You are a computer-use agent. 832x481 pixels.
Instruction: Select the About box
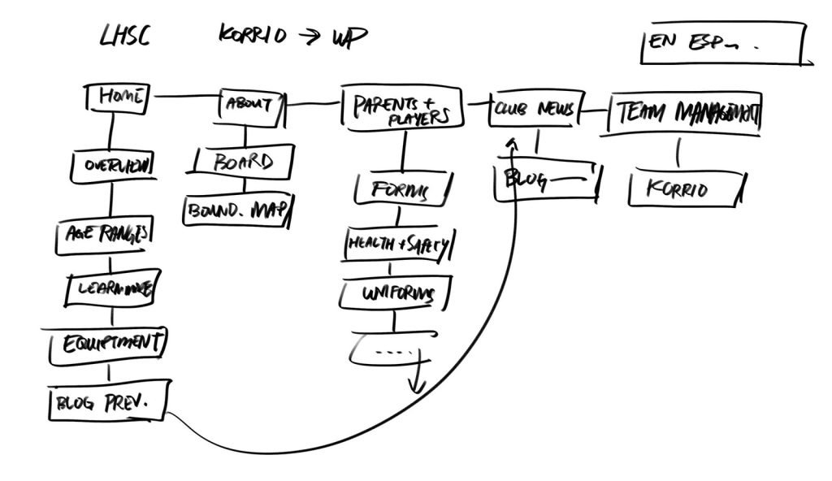250,104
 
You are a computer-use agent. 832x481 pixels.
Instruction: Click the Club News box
535,110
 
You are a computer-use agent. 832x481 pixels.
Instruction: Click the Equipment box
108,344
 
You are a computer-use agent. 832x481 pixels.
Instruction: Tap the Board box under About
244,161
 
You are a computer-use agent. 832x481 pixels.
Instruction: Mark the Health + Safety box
398,245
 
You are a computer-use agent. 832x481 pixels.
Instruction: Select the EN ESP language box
723,45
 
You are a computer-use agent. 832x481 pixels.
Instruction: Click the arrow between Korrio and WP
309,37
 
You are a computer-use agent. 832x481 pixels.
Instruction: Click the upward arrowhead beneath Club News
511,144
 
